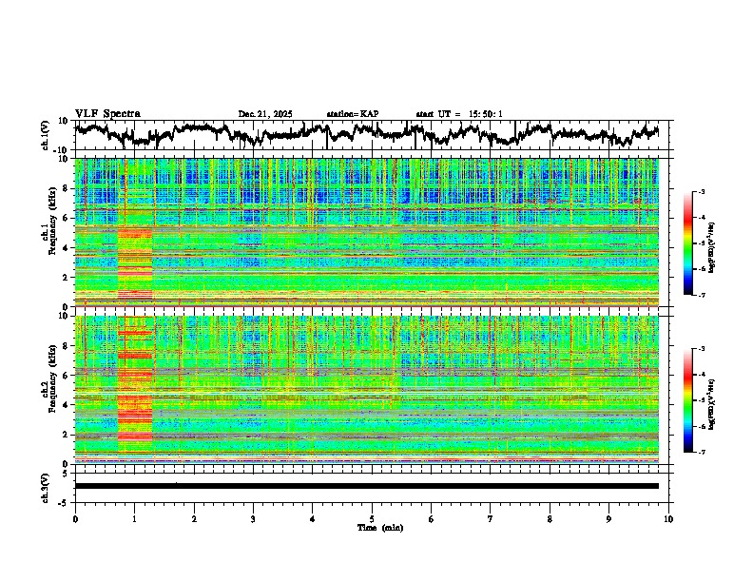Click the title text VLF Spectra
(x=107, y=113)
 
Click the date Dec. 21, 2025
(x=265, y=114)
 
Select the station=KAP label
(x=352, y=114)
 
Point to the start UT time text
(x=458, y=114)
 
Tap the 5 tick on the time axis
(x=372, y=519)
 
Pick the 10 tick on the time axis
(x=668, y=519)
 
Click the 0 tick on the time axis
(x=75, y=519)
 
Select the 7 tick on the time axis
(x=491, y=519)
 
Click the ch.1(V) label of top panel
(x=47, y=135)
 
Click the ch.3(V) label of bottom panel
(x=47, y=485)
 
